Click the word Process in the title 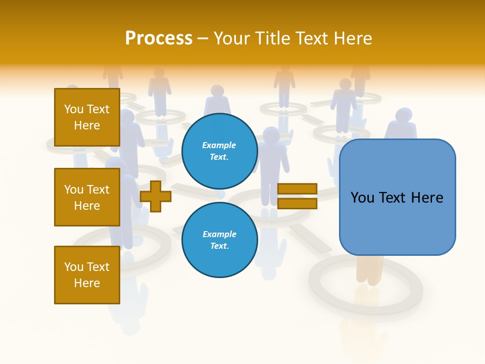click(x=159, y=38)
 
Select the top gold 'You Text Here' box click(x=87, y=117)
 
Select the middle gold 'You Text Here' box click(x=87, y=197)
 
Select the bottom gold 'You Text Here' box click(x=87, y=275)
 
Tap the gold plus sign click(x=156, y=196)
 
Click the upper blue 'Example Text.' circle click(x=219, y=151)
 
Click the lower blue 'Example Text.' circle click(x=219, y=240)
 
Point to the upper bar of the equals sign click(x=297, y=189)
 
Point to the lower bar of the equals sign click(x=297, y=203)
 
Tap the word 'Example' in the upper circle click(x=219, y=145)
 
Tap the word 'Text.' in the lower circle click(x=219, y=246)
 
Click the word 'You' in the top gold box click(x=73, y=109)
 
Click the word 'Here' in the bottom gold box click(x=87, y=283)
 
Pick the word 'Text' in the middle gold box click(x=99, y=190)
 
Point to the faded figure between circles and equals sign click(x=271, y=157)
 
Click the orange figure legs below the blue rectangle click(x=367, y=271)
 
